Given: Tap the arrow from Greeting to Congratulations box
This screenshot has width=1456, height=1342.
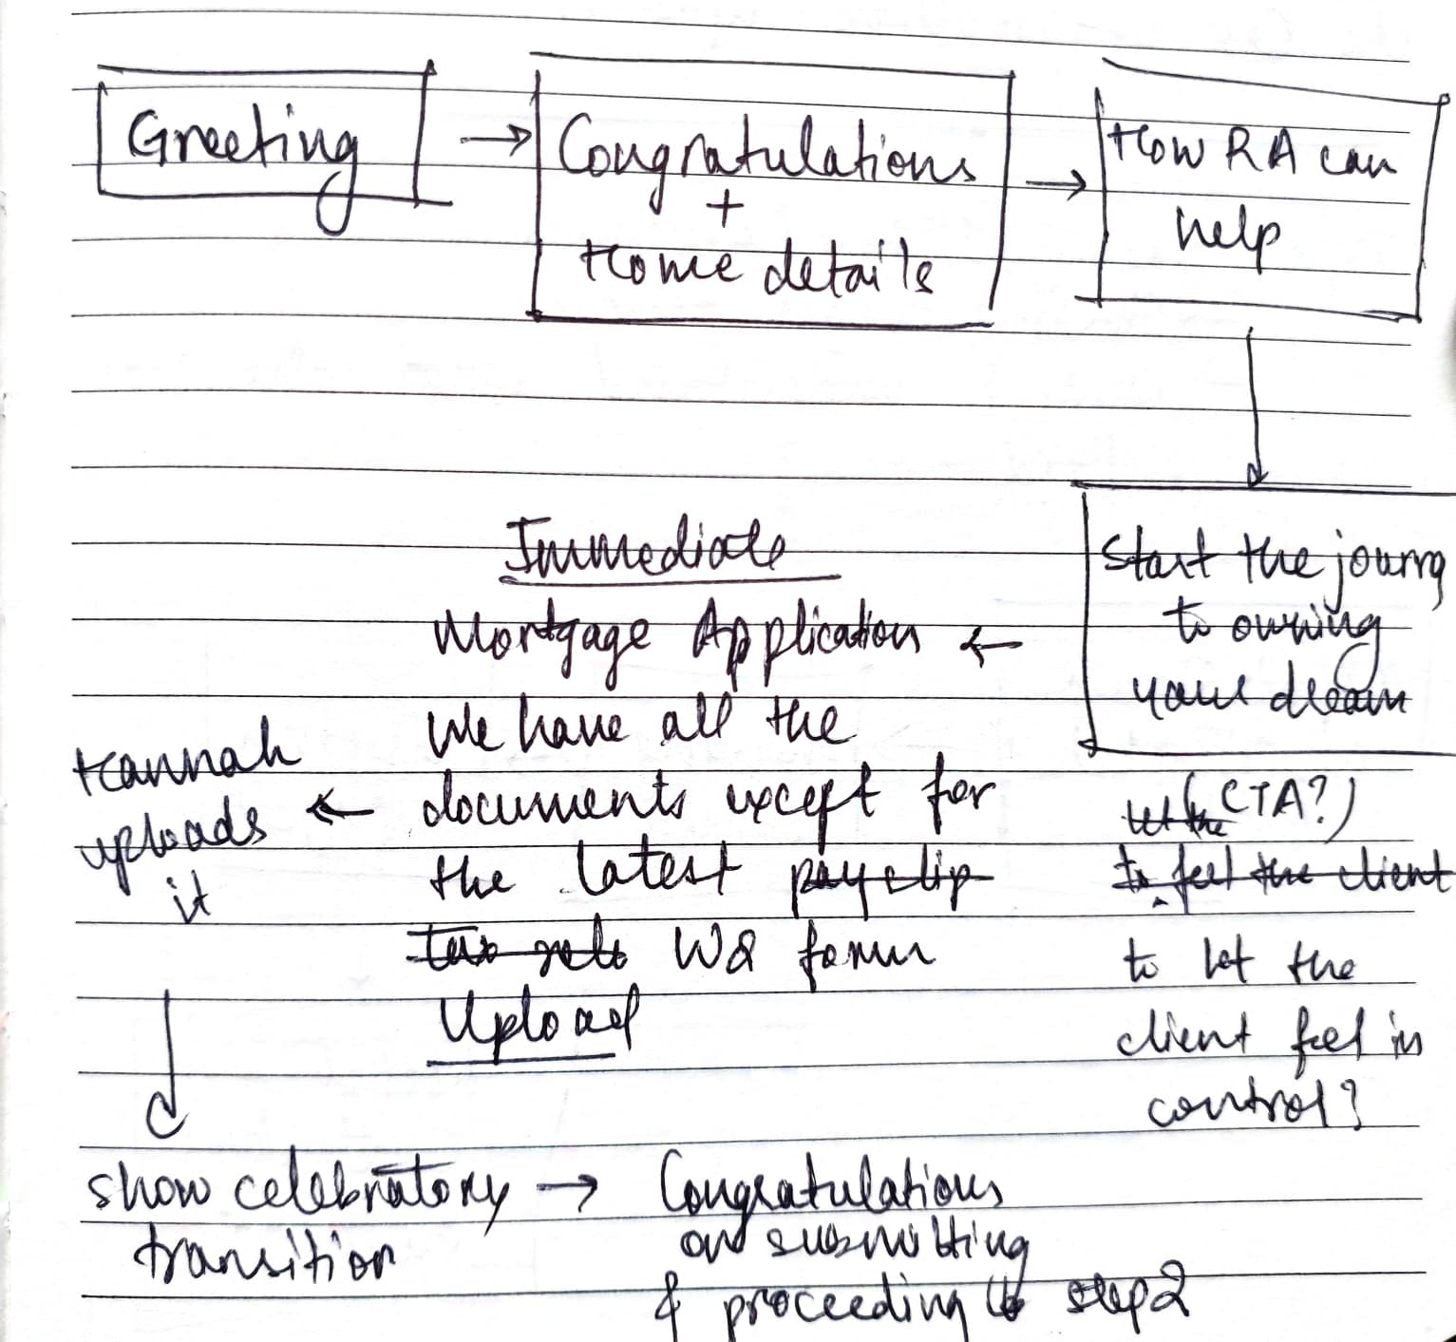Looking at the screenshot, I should point(494,139).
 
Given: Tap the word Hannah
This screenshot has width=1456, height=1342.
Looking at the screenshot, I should point(186,761).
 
